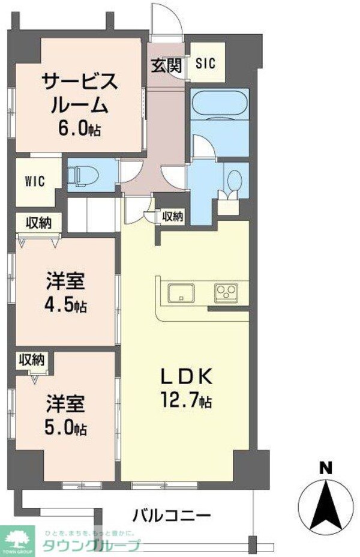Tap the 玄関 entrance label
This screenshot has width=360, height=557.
(x=166, y=65)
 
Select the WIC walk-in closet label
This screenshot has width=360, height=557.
(x=35, y=182)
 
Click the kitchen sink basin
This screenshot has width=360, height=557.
(x=181, y=294)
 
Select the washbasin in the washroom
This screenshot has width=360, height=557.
(x=235, y=179)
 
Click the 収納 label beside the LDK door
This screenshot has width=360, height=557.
(x=173, y=217)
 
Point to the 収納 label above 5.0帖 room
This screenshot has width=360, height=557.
(x=32, y=360)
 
